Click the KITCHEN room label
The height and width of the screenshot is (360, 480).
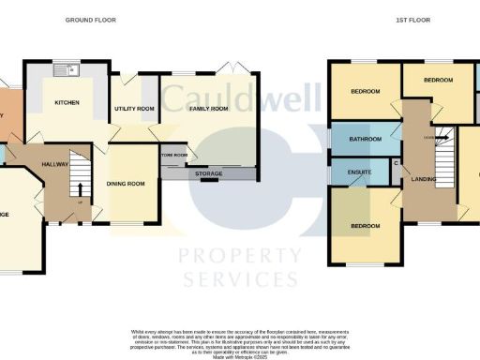click(67, 102)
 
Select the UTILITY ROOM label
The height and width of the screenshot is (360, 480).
click(133, 109)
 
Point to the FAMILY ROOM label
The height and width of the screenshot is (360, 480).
click(209, 109)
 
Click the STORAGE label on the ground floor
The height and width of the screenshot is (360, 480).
click(209, 173)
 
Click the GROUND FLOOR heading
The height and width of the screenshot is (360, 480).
click(91, 19)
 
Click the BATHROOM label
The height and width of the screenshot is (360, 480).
click(366, 140)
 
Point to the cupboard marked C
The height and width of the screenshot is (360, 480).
click(395, 165)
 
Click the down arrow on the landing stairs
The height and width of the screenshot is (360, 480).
click(429, 138)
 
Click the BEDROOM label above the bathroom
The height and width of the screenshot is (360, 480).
click(366, 92)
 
